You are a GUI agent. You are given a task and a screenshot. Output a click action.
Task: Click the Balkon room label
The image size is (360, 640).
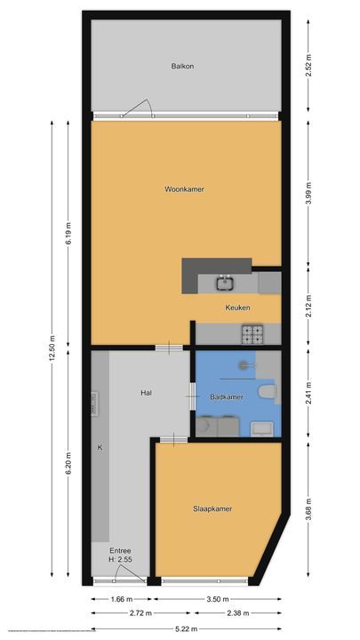click(183, 67)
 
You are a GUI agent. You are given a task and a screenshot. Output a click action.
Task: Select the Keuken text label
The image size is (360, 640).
click(237, 308)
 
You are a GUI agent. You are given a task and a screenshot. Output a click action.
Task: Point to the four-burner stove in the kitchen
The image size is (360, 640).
click(253, 334)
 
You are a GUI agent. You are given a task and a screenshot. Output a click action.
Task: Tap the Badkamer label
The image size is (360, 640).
click(227, 397)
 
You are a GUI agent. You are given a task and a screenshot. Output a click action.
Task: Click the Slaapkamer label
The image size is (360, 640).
click(212, 508)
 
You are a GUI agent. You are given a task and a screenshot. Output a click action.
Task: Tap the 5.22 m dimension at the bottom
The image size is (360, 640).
click(185, 628)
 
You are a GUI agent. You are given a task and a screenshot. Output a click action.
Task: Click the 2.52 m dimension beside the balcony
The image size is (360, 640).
click(308, 66)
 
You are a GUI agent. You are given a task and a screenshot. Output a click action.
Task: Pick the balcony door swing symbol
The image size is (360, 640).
click(138, 109)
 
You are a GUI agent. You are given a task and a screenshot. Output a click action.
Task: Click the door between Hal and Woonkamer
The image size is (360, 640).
click(165, 348)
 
